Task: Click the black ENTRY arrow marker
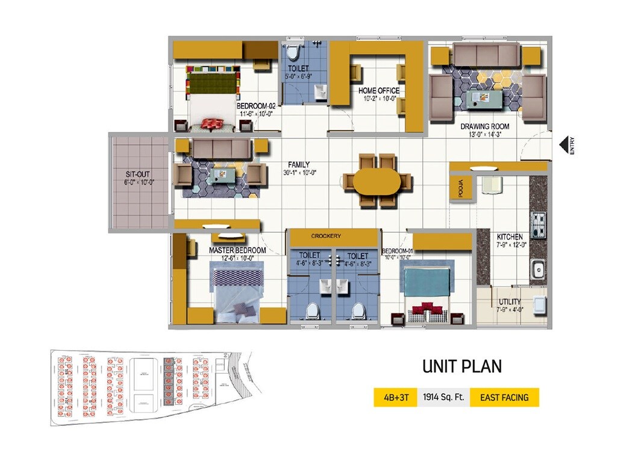point(565,145)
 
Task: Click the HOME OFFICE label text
point(379,91)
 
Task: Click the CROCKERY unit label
point(326,236)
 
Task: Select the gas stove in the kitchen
point(537,224)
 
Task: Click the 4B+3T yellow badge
point(395,398)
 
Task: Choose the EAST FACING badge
point(504,398)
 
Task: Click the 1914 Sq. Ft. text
point(443,398)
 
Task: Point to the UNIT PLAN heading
point(461,366)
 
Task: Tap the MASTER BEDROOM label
point(237,250)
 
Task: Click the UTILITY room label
point(510,302)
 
